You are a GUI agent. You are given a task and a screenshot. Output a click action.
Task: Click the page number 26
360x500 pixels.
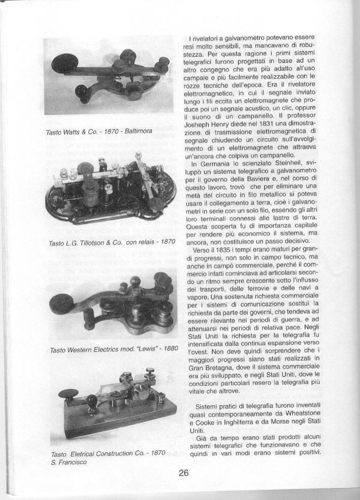183,473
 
